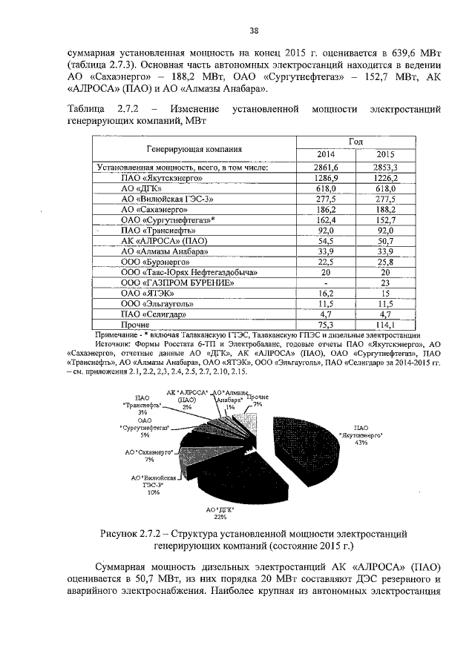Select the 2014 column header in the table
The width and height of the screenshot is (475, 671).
(326, 154)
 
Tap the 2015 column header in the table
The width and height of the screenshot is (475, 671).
(384, 154)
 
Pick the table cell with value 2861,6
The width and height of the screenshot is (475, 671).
(326, 168)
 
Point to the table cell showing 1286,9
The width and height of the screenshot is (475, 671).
(326, 179)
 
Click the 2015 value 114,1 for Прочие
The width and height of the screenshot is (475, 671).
(384, 324)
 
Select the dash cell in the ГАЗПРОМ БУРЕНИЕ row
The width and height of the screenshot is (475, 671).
(326, 282)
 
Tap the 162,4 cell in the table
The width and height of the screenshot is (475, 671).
(326, 220)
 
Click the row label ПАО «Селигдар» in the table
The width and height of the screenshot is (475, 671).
(152, 314)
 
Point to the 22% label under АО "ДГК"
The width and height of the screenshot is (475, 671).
(220, 517)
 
